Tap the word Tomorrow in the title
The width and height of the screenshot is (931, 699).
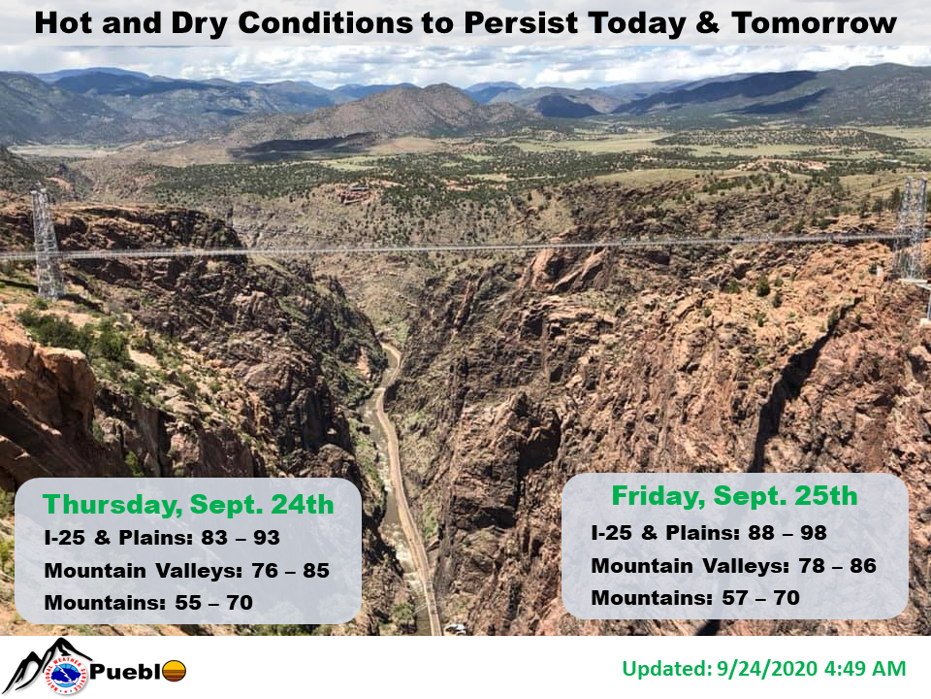click(x=814, y=23)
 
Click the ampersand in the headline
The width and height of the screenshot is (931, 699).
click(x=707, y=23)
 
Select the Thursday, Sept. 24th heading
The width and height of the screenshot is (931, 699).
click(x=188, y=505)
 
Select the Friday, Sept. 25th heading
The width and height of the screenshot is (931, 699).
click(x=734, y=496)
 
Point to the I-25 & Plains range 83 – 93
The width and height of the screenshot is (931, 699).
click(x=241, y=537)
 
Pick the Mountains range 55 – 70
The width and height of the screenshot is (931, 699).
click(x=213, y=603)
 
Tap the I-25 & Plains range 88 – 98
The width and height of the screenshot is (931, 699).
click(x=787, y=533)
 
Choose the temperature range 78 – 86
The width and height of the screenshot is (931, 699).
click(x=837, y=565)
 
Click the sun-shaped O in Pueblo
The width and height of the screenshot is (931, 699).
click(x=174, y=672)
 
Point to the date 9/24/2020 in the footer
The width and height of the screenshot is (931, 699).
click(x=767, y=669)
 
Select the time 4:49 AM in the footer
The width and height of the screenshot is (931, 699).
click(x=866, y=669)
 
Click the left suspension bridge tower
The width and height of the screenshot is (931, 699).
click(x=47, y=244)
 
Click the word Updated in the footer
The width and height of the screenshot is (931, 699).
click(x=667, y=669)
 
